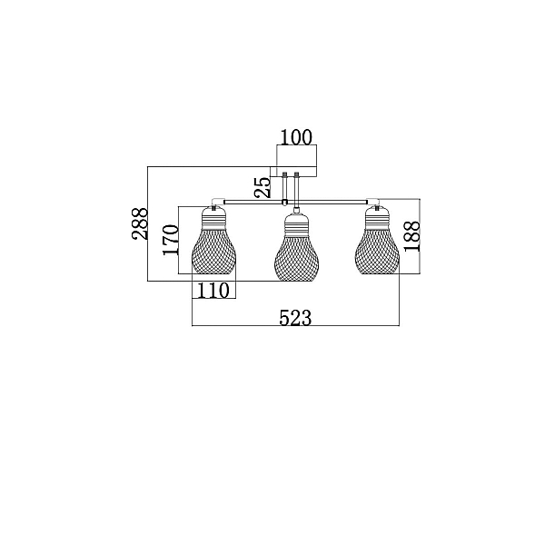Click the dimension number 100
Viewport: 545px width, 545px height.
click(x=296, y=137)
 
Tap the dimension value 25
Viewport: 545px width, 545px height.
click(x=263, y=188)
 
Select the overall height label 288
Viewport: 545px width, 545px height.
click(x=140, y=223)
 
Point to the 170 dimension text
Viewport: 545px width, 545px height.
click(x=171, y=240)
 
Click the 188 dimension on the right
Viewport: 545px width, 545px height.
click(x=412, y=236)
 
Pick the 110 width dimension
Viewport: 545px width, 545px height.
click(x=213, y=291)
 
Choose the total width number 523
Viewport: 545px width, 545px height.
click(x=295, y=318)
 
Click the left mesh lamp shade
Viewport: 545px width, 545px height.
click(x=213, y=251)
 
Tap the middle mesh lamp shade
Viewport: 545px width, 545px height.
click(x=296, y=259)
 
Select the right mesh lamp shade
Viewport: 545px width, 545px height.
click(x=377, y=251)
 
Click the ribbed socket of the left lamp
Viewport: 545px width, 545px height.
click(x=213, y=218)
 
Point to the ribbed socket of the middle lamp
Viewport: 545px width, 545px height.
click(x=296, y=225)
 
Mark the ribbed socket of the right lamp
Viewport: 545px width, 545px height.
click(x=377, y=218)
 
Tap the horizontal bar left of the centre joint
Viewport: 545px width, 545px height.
click(x=253, y=202)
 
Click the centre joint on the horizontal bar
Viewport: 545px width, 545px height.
click(x=285, y=202)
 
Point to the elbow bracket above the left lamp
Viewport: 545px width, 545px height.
click(x=218, y=202)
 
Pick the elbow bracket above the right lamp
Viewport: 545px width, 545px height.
click(x=373, y=202)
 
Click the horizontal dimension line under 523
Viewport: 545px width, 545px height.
click(x=295, y=326)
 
